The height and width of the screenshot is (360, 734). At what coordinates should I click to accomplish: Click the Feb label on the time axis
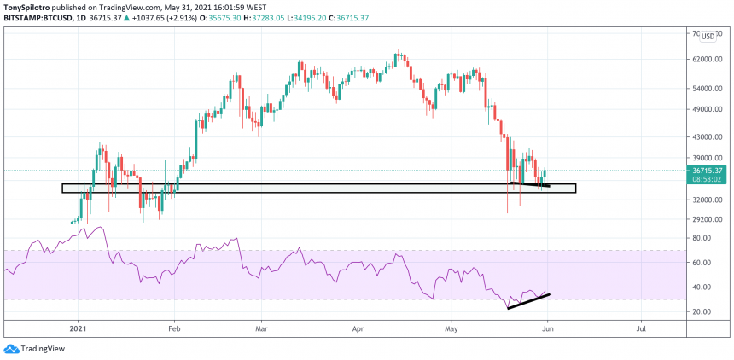pyautogui.click(x=173, y=328)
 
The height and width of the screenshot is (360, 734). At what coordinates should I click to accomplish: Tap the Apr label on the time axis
pyautogui.click(x=358, y=328)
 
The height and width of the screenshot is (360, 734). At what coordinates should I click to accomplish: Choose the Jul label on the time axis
pyautogui.click(x=640, y=328)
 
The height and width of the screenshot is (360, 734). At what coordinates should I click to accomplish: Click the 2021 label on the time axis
pyautogui.click(x=78, y=328)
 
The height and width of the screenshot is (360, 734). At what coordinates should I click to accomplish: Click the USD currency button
pyautogui.click(x=708, y=36)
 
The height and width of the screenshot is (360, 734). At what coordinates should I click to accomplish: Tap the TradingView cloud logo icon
pyautogui.click(x=11, y=349)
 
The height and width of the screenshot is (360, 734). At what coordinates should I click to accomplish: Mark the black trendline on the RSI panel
pyautogui.click(x=528, y=301)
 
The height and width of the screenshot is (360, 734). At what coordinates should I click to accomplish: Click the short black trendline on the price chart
pyautogui.click(x=530, y=184)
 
